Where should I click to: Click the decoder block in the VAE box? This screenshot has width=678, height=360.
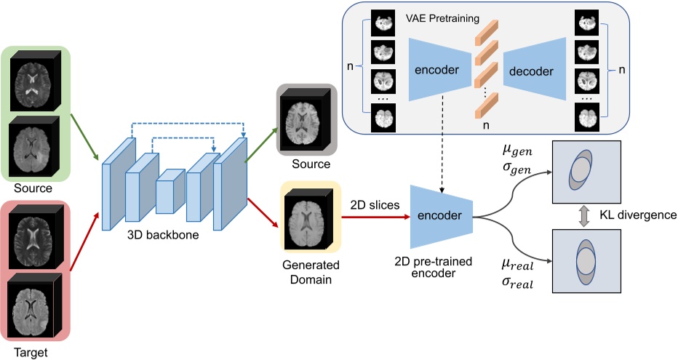pyautogui.click(x=531, y=71)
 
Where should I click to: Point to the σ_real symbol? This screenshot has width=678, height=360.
pyautogui.click(x=517, y=284)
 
